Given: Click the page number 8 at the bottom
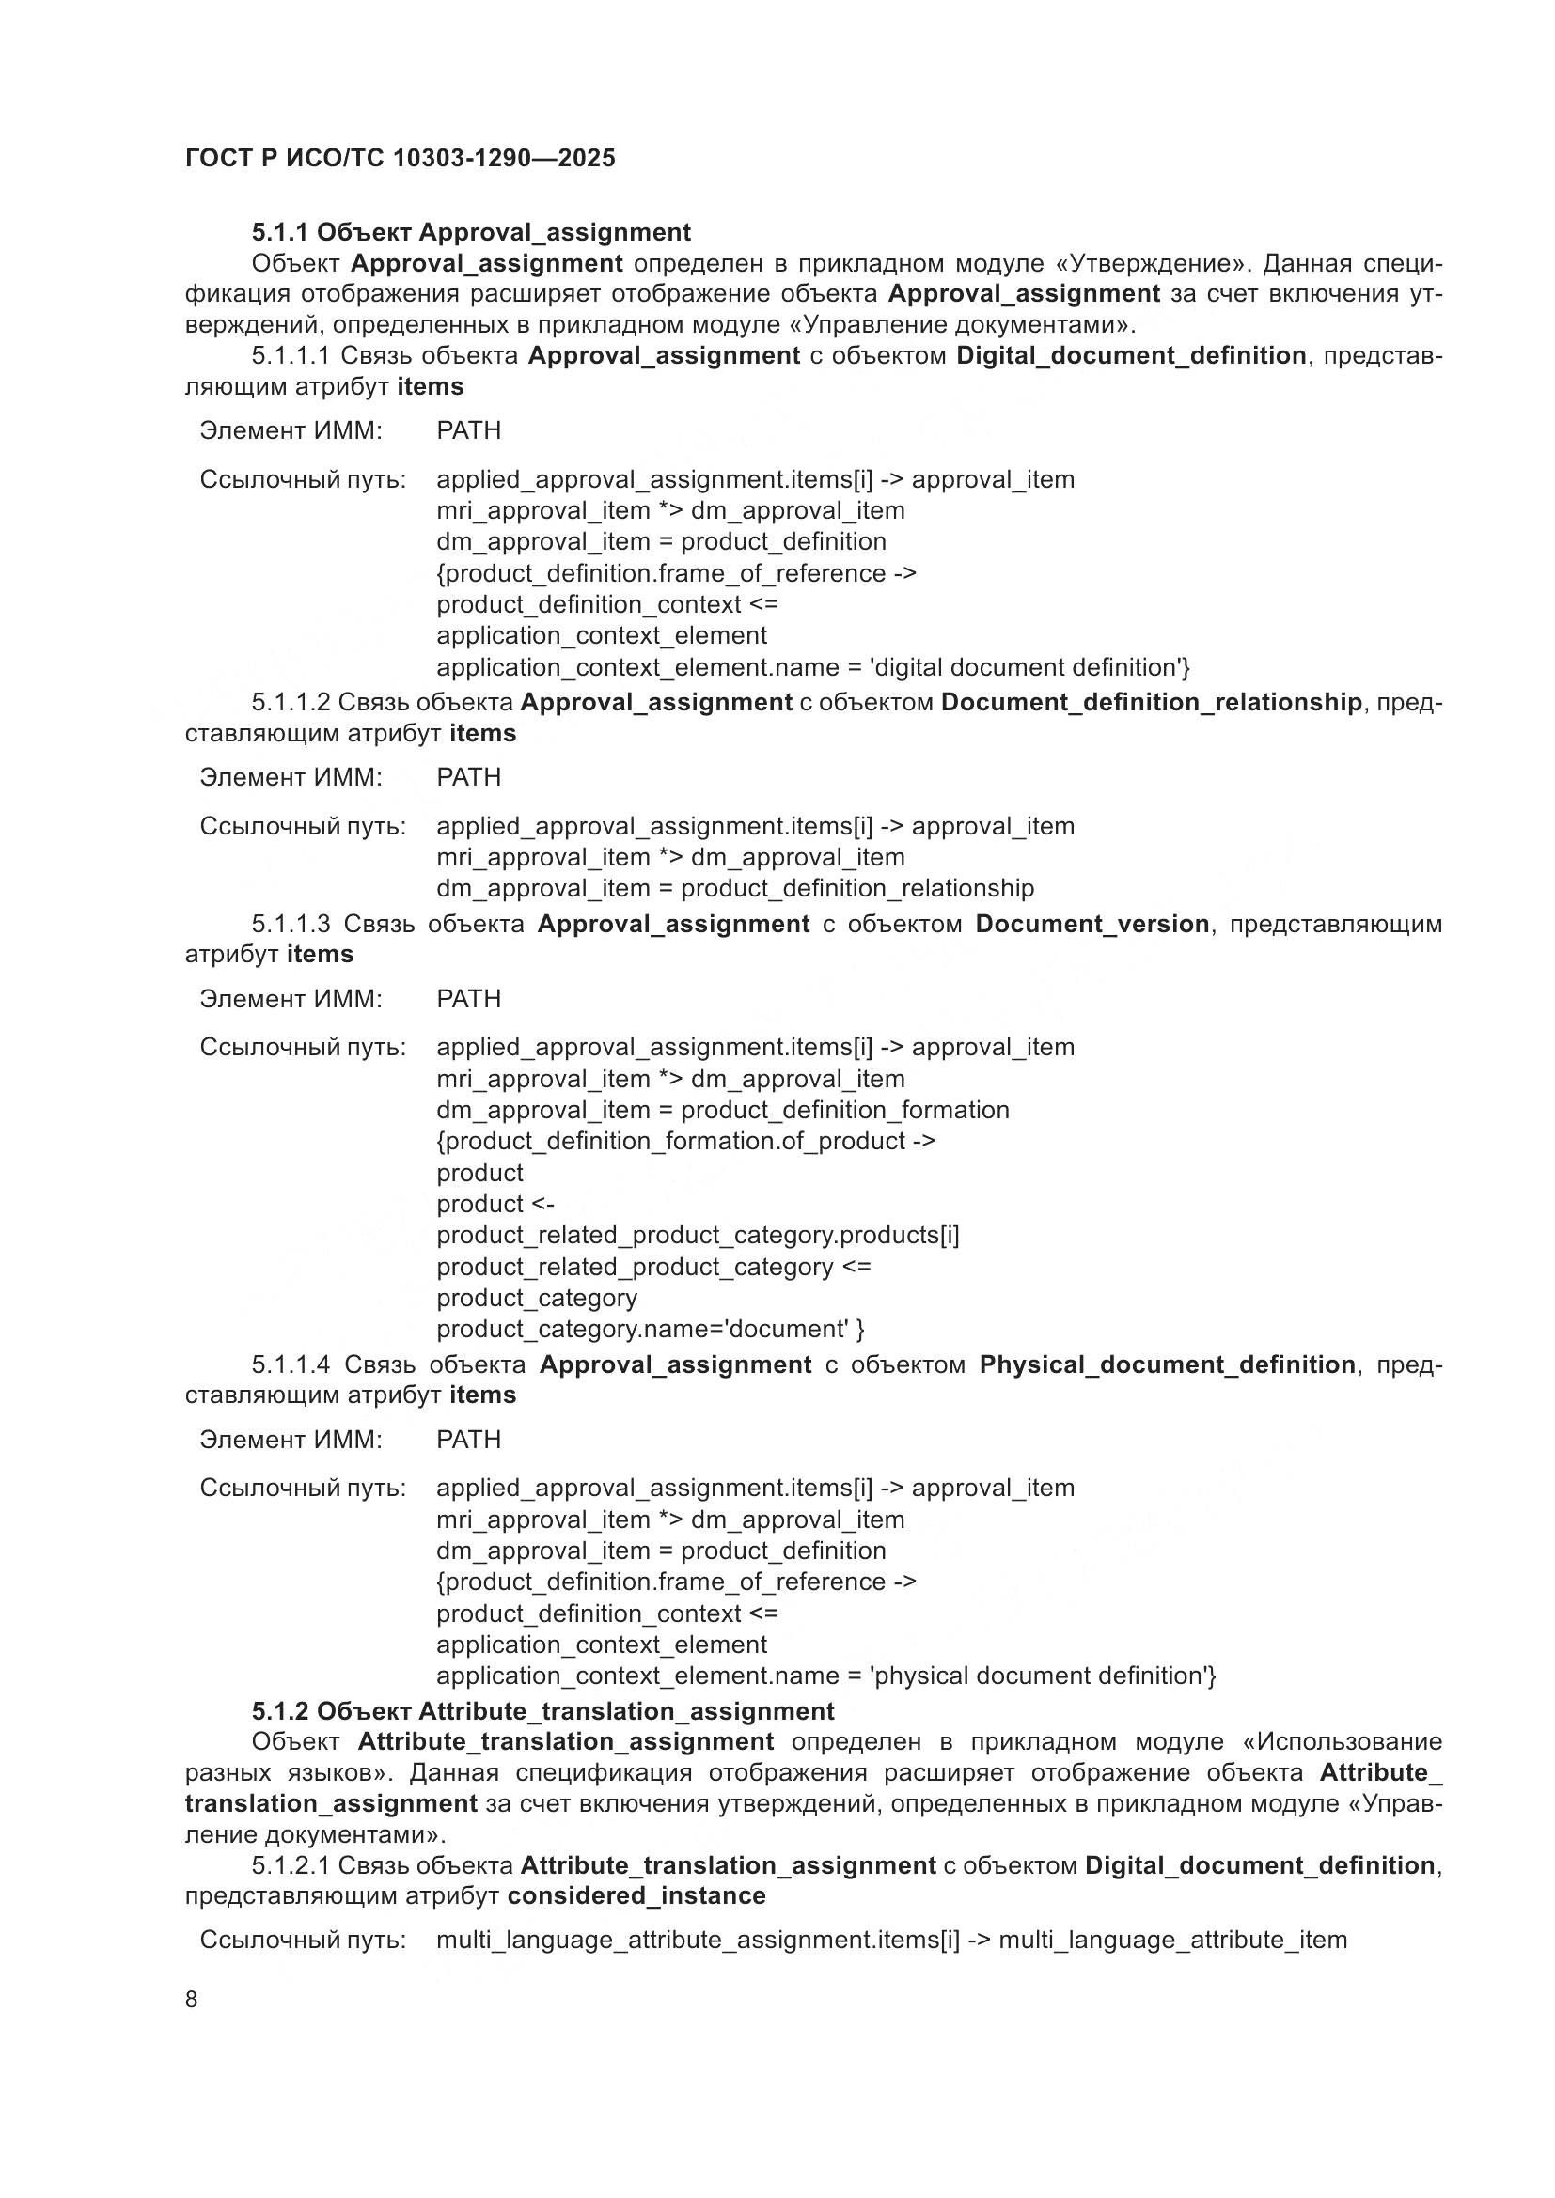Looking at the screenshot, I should click(192, 2000).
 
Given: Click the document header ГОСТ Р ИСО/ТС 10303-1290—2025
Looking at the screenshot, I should click(400, 158).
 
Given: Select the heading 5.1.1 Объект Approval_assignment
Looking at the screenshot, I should click(470, 233).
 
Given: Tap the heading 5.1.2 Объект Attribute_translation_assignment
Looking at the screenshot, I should click(542, 1710).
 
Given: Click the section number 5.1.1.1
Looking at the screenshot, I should click(291, 356).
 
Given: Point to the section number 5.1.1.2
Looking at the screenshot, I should click(291, 703).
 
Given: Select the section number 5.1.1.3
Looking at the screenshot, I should click(291, 924).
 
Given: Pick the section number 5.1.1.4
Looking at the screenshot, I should click(291, 1364).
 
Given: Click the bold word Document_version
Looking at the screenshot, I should click(1092, 924).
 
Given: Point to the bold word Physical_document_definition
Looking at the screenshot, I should click(1166, 1364).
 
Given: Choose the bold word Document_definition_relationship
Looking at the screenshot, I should click(1151, 703).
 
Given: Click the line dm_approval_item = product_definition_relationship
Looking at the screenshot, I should click(734, 888).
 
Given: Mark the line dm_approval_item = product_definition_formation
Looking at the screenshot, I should click(722, 1110).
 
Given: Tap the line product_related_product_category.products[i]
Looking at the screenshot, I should click(697, 1235).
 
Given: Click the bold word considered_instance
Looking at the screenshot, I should click(636, 1895).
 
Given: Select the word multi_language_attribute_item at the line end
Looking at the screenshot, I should click(1172, 1940).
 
